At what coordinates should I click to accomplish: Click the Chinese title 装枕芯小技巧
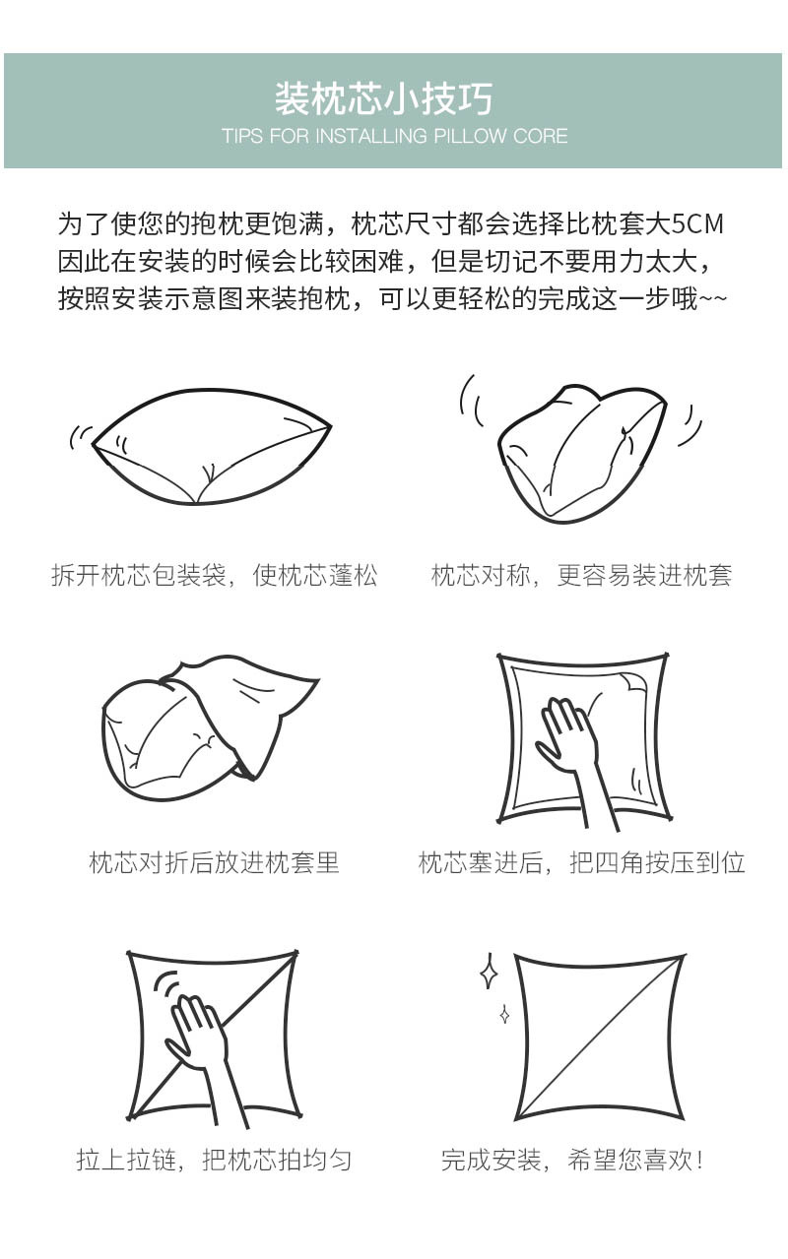383,99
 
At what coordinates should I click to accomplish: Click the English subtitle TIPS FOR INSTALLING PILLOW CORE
394,136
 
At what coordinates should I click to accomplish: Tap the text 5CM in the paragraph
697,224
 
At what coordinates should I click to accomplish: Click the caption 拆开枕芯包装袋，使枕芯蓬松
214,576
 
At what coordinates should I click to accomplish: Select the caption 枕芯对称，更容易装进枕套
581,576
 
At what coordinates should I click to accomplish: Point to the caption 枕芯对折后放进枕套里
214,863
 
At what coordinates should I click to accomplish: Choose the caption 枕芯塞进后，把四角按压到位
581,863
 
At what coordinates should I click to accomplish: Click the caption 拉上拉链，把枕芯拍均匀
214,1160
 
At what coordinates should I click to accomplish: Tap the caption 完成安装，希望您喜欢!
573,1160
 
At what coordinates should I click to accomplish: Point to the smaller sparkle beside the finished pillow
504,1013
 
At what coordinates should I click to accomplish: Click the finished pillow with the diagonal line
599,1036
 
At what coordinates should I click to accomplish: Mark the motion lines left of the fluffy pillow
80,436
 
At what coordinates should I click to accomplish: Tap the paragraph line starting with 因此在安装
384,262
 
